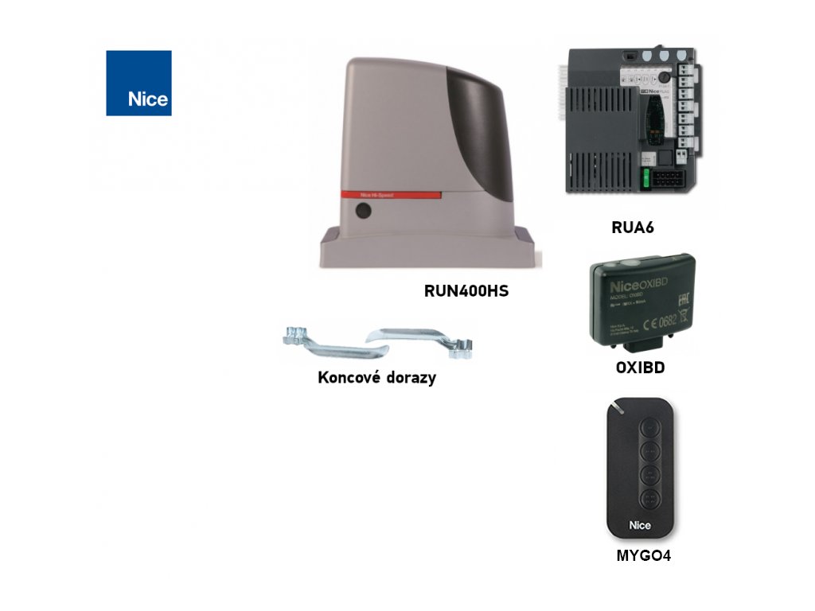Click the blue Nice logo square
[x=138, y=84]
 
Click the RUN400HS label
[x=466, y=291]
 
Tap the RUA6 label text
[x=632, y=228]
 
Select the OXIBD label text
[x=640, y=368]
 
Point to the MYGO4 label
[x=643, y=556]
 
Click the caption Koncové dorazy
[x=376, y=378]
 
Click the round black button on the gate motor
[x=363, y=212]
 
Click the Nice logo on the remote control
[x=641, y=525]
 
